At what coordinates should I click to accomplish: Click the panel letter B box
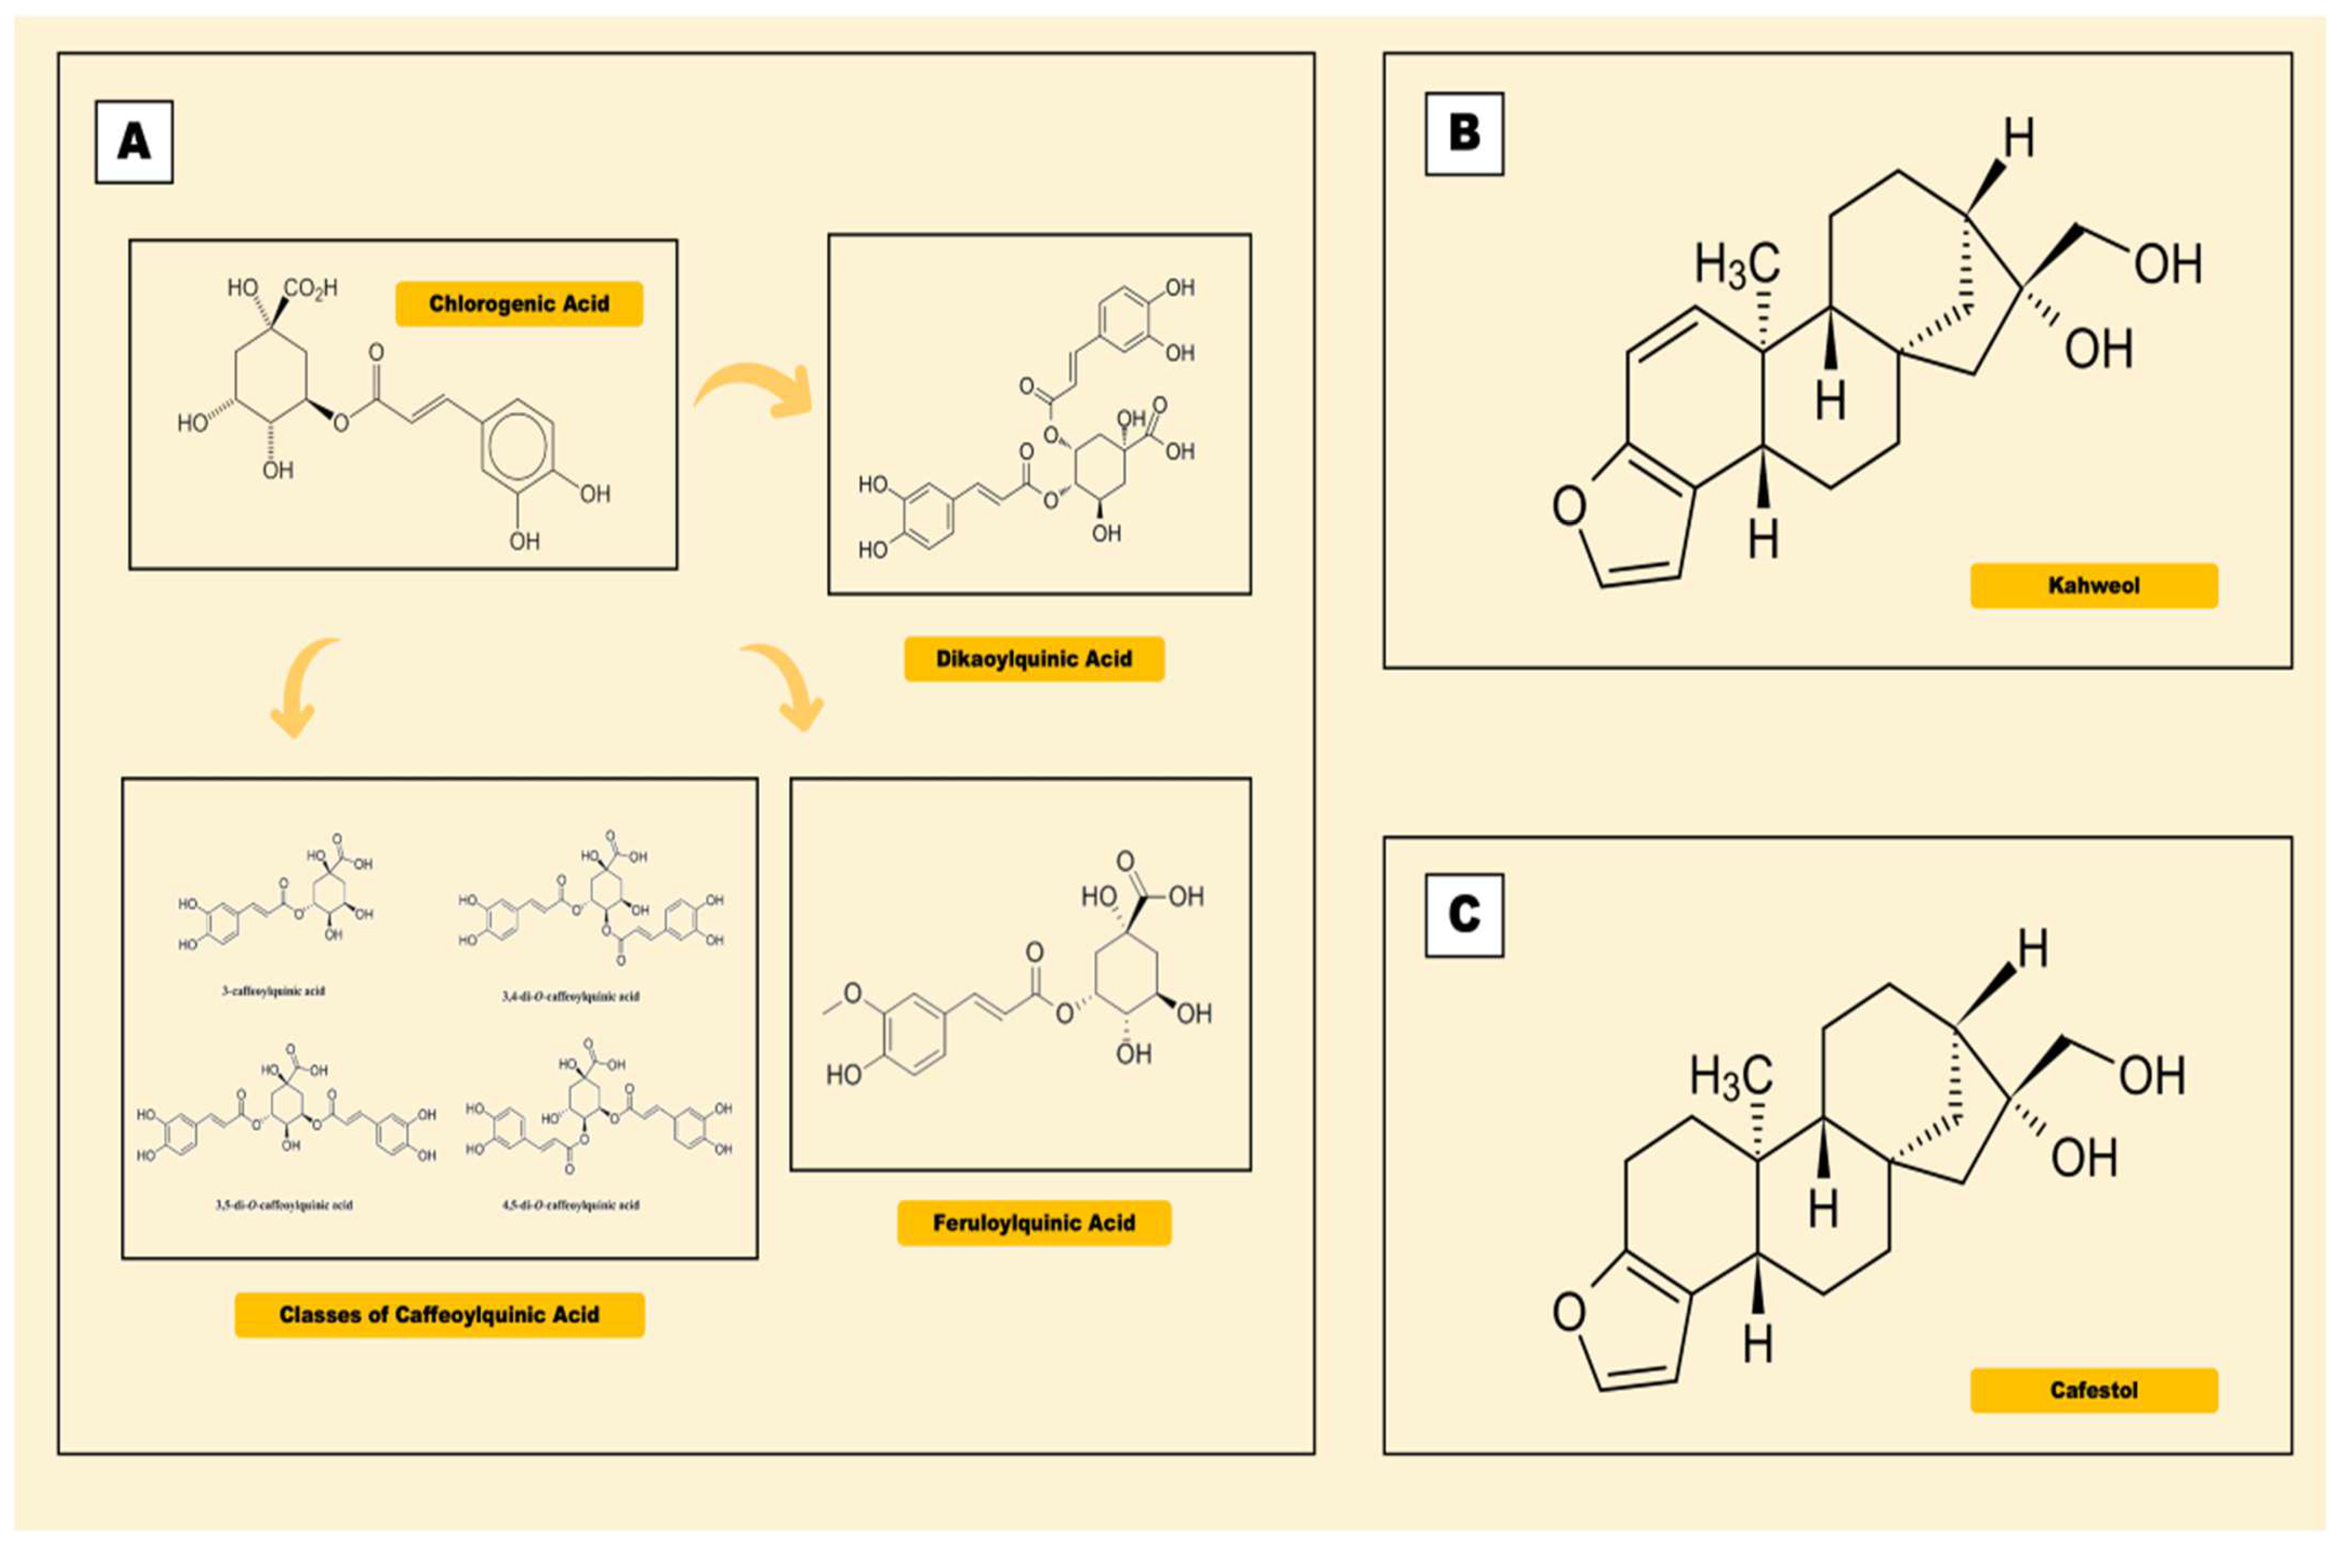(x=1463, y=133)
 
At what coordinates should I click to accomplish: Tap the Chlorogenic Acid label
(x=519, y=304)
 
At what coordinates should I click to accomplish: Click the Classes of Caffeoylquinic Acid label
(x=439, y=1315)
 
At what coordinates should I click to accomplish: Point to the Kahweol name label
(x=2093, y=585)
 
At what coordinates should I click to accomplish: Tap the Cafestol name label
(x=2093, y=1390)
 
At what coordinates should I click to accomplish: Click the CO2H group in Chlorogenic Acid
(x=311, y=289)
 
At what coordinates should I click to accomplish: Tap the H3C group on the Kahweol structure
(x=1737, y=266)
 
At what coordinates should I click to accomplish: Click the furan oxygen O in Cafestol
(x=1569, y=1312)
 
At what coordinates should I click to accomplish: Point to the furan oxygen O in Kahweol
(x=1569, y=507)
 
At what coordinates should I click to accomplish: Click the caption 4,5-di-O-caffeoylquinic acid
(x=571, y=1205)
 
